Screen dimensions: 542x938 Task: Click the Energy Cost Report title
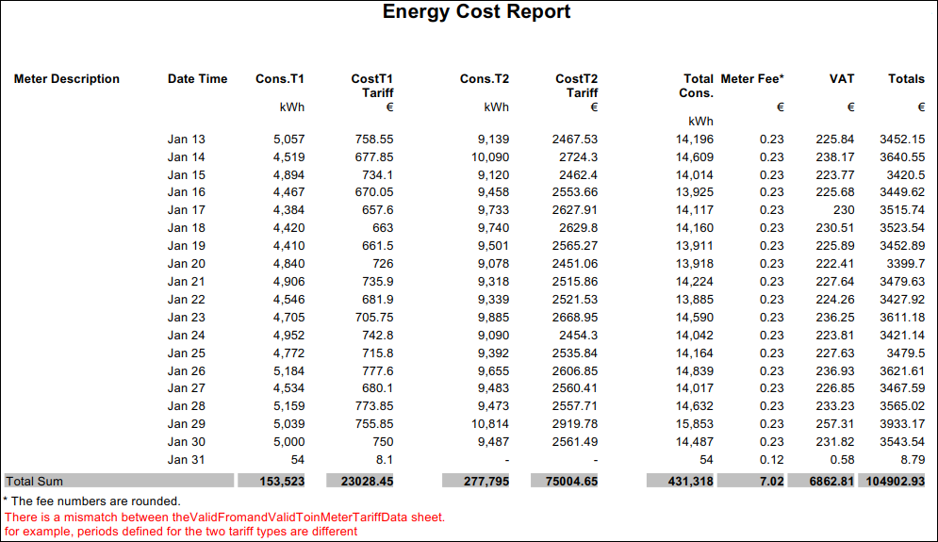coord(476,12)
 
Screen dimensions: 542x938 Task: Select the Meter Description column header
coord(67,79)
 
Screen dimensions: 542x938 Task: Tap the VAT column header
coord(841,79)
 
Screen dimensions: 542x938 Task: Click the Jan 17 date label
coord(186,210)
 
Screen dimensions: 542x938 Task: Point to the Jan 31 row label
coord(186,461)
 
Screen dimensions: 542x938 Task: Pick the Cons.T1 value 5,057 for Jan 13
coord(288,140)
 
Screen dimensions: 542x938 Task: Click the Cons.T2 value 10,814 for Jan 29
coord(490,425)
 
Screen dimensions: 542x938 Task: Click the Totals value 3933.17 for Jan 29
coord(902,425)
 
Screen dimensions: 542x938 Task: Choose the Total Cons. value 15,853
coord(694,425)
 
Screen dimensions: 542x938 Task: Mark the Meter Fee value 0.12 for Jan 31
coord(771,461)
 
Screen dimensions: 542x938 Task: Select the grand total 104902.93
coord(891,481)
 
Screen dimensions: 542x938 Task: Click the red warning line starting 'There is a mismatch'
coord(224,517)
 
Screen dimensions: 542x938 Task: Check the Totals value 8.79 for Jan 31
coord(910,461)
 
